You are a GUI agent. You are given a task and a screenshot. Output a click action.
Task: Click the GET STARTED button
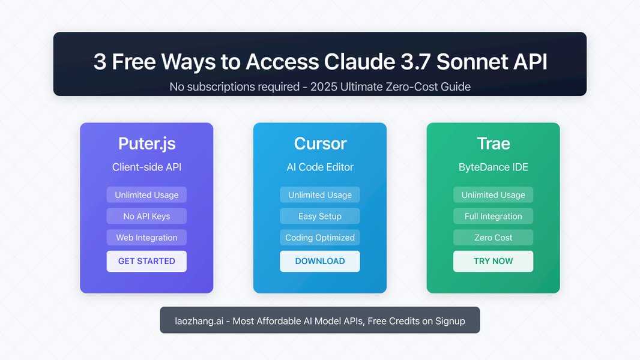146,262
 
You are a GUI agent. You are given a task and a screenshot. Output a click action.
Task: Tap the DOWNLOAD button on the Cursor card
320,262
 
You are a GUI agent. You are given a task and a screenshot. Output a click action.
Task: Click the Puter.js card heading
146,144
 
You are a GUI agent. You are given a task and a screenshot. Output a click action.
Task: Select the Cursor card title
320,143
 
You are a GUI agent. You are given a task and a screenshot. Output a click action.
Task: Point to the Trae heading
494,143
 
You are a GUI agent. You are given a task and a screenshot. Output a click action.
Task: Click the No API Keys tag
146,216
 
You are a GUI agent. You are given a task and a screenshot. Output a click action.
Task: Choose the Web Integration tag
146,237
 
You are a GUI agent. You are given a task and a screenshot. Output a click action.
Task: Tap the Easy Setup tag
320,216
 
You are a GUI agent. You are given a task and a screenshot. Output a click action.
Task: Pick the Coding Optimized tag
320,237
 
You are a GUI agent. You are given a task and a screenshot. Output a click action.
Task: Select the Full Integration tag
493,216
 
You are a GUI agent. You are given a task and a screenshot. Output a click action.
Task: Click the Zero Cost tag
493,237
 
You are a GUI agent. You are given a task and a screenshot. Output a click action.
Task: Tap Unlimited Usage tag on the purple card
146,195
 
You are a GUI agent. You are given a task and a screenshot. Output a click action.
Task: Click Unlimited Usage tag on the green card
493,195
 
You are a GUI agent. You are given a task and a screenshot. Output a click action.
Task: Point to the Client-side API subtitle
146,167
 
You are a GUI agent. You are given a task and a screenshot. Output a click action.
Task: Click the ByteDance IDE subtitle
493,167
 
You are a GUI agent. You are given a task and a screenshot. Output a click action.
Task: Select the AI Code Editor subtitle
320,167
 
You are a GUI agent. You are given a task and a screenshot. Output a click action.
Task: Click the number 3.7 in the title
415,62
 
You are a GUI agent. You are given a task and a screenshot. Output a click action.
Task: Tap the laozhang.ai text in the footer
199,321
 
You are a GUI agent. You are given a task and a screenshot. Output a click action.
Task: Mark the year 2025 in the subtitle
324,87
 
